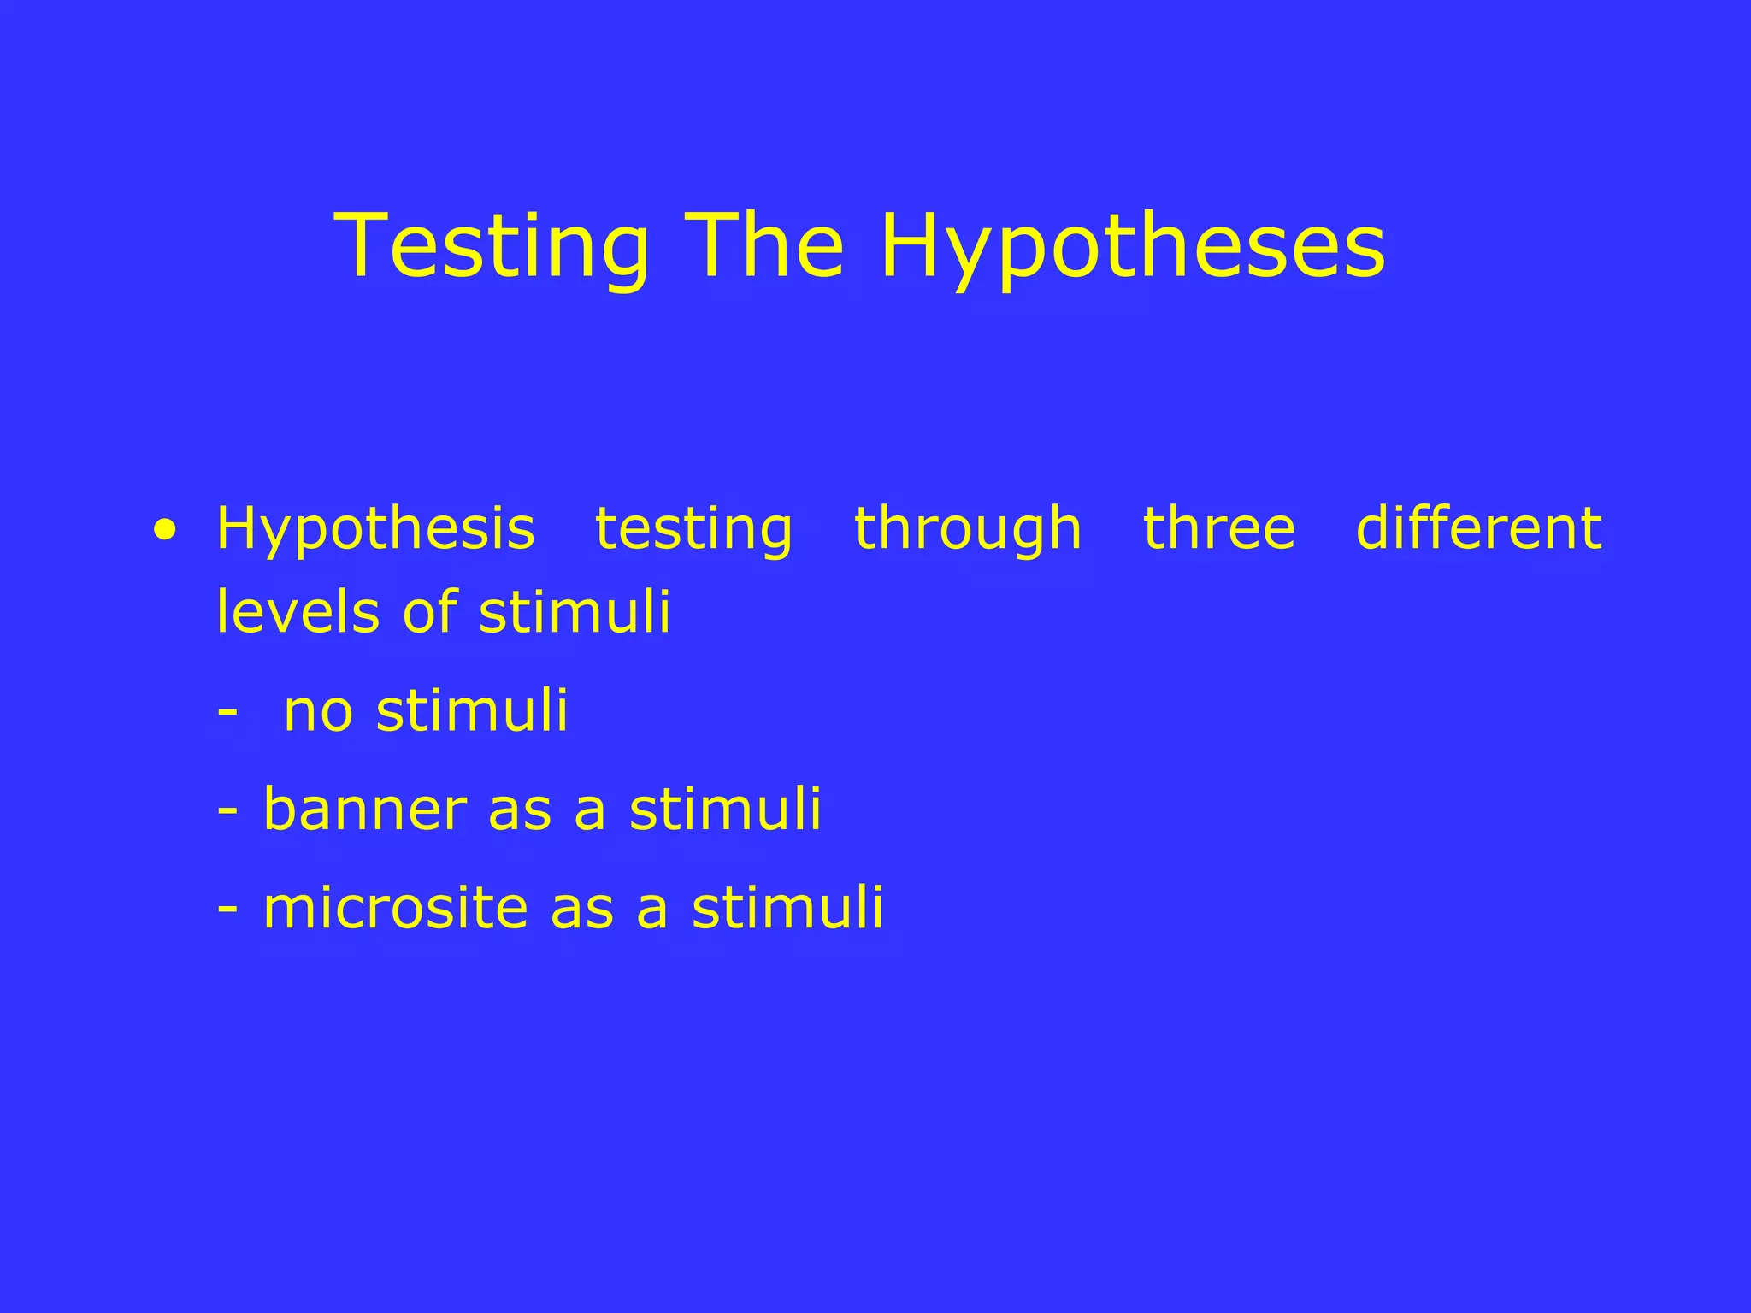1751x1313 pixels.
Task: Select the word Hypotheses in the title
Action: pos(1133,248)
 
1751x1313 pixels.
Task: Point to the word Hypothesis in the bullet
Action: pos(375,530)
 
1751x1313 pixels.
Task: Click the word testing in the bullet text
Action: pos(693,530)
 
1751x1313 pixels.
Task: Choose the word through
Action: pos(968,530)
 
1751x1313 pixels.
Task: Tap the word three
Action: pos(1219,528)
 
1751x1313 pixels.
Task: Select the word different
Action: pos(1478,528)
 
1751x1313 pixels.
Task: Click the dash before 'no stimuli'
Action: pos(227,712)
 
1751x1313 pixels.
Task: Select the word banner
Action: pos(365,809)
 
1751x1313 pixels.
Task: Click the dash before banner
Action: pos(227,810)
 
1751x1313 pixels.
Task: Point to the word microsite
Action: pos(395,908)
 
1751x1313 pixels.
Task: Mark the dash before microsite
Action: pos(227,909)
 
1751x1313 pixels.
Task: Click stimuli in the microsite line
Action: pos(787,907)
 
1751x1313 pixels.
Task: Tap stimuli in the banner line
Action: pos(725,809)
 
